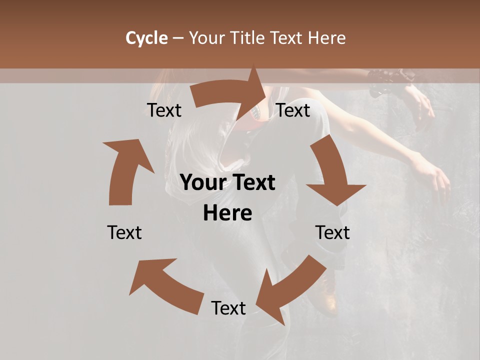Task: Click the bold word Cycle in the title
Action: pos(146,38)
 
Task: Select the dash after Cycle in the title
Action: pos(178,38)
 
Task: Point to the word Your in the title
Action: pos(208,38)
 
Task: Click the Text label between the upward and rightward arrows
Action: pos(164,110)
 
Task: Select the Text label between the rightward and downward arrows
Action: pos(293,110)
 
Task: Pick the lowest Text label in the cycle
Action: pos(228,308)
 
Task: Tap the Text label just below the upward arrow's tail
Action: pos(124,232)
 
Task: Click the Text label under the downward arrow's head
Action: pos(332,232)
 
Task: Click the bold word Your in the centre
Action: pos(202,183)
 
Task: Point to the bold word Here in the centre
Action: pos(227,213)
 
